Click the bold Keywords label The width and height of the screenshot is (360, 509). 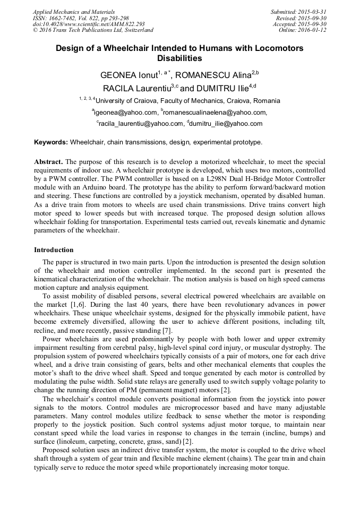pos(51,143)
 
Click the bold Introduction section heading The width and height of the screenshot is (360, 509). pos(54,249)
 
